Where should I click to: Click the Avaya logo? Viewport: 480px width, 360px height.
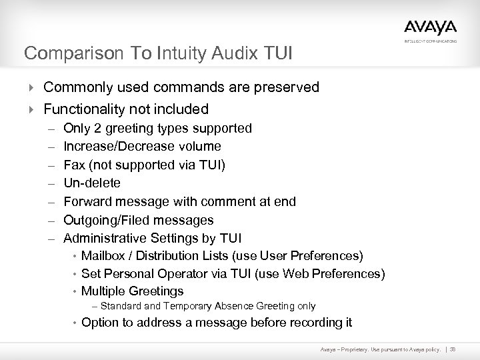coord(430,27)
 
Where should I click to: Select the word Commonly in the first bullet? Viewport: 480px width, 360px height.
coord(76,87)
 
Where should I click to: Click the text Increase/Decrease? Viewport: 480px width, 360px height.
coord(111,146)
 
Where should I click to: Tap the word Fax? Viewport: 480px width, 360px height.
coord(73,164)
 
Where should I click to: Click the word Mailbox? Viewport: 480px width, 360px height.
coord(103,255)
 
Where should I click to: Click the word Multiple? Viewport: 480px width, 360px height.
coord(101,291)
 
